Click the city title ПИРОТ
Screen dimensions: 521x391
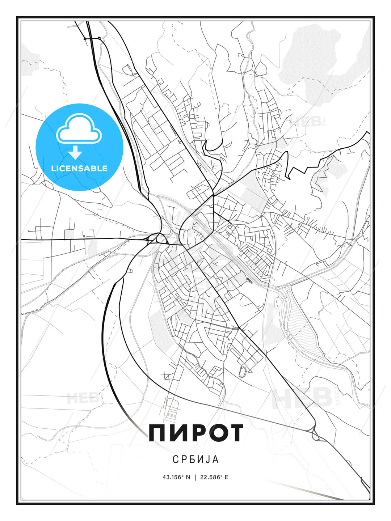(x=195, y=433)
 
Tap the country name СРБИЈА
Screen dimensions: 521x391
(x=195, y=459)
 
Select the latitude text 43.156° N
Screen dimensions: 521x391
(x=176, y=477)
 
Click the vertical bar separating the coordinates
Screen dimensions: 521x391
(x=195, y=477)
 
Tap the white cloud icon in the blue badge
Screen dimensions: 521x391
(x=79, y=128)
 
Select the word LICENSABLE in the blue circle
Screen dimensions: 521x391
(x=79, y=168)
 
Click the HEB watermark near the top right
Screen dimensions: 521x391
(x=306, y=121)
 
